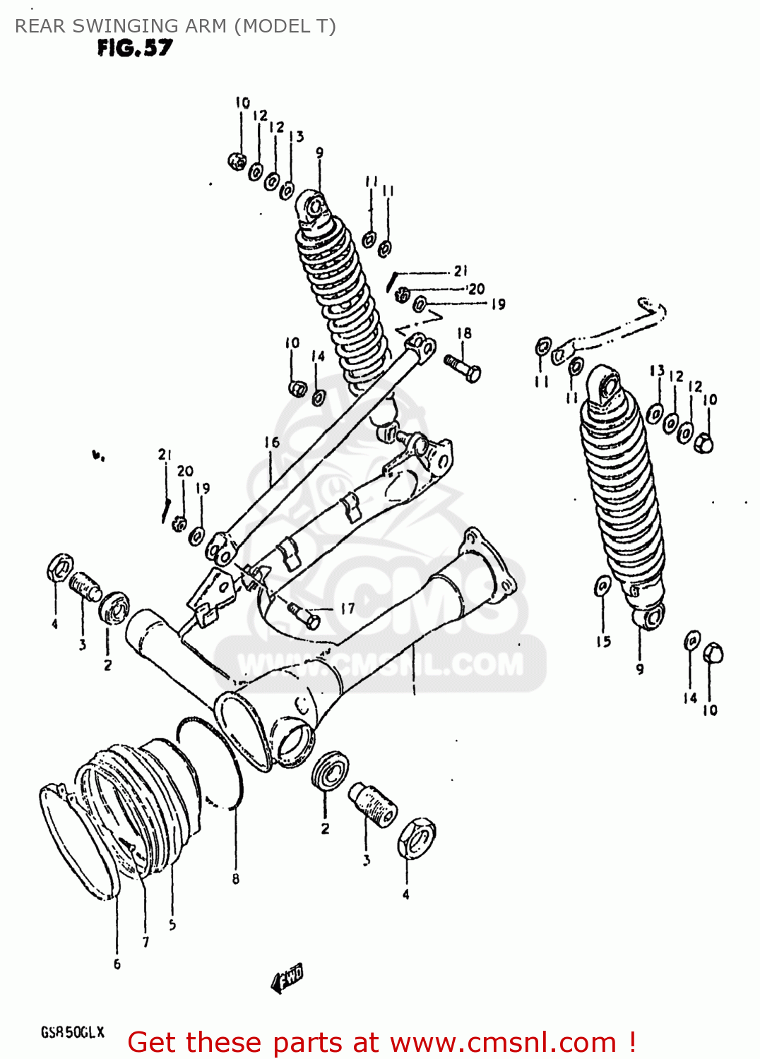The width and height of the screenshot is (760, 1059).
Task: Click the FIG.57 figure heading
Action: [134, 48]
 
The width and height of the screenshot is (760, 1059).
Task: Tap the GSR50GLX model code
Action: [72, 1032]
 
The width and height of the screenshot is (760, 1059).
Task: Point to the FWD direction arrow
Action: [287, 979]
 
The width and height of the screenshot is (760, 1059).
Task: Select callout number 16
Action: [272, 443]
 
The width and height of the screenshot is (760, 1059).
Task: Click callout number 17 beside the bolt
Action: [348, 608]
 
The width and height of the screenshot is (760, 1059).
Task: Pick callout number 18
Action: [464, 333]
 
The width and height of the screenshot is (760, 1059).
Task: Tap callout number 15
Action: [603, 641]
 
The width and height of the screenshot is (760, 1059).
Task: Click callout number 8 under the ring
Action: [235, 879]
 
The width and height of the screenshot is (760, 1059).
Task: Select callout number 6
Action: [117, 964]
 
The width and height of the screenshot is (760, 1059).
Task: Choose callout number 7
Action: [146, 942]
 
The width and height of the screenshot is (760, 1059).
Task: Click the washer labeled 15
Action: [603, 585]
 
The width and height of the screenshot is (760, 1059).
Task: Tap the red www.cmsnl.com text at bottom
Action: [503, 1042]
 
